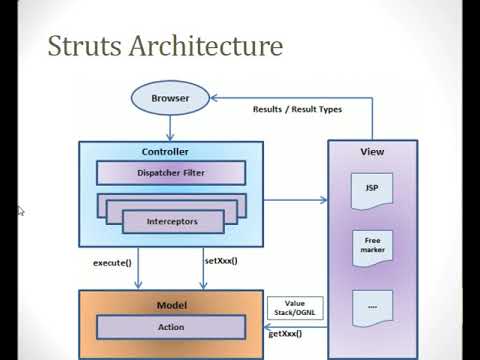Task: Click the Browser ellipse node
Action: [171, 99]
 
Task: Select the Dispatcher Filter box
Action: [171, 172]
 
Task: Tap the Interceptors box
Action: [171, 220]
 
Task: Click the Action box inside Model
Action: [171, 326]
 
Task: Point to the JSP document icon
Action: [369, 190]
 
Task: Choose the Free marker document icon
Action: [369, 245]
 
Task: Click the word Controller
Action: [171, 152]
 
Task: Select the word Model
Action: [171, 304]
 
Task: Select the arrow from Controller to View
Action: [296, 201]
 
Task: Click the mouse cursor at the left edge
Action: [20, 210]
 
